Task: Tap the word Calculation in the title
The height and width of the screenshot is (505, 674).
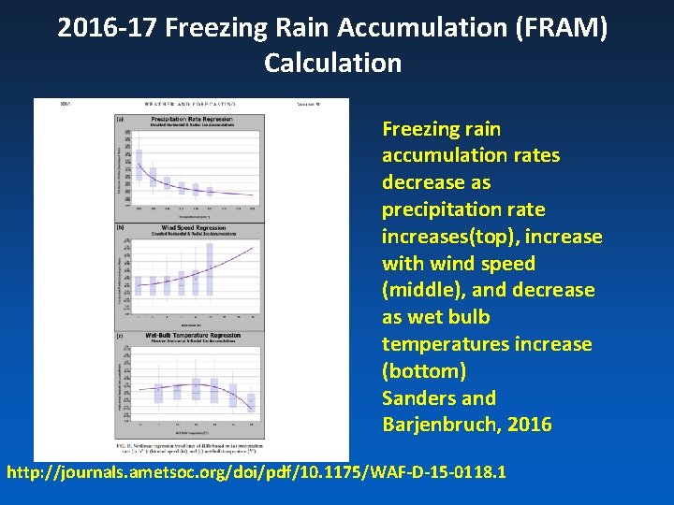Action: (332, 63)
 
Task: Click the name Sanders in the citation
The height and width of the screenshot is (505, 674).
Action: (420, 397)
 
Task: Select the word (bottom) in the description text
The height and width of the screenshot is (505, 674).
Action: (424, 371)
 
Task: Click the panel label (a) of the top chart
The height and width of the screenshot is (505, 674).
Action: (120, 119)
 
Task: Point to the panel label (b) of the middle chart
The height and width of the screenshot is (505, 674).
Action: (120, 227)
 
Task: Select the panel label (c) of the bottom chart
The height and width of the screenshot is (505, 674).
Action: (120, 335)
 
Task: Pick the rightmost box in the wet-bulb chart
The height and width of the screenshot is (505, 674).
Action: (251, 402)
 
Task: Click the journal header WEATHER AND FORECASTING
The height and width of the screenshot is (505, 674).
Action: (190, 104)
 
